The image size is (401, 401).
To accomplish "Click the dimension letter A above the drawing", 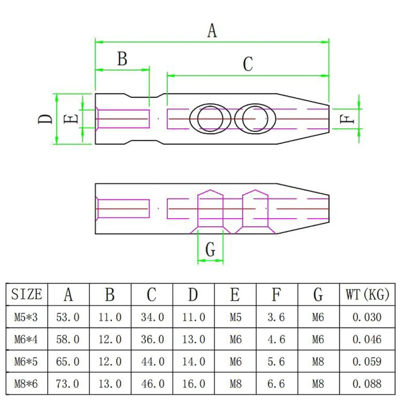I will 212,31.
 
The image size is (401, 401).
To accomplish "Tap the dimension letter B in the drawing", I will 122,59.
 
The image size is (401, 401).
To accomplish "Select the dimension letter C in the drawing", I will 247,64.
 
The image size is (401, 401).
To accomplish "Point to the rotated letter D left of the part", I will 47,119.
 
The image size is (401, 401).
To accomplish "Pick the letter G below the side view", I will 211,249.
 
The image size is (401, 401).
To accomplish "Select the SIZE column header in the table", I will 26,294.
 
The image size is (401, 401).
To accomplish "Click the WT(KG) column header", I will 367,294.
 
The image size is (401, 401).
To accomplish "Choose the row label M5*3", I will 26,317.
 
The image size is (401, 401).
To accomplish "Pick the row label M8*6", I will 26,383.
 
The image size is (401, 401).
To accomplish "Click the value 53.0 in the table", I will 68,317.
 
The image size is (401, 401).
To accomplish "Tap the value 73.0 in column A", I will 68,383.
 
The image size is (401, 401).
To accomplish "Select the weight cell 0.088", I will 367,383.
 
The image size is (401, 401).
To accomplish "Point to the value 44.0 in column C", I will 152,361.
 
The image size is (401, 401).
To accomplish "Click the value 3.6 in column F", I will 277,317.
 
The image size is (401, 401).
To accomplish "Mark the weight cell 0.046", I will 367,339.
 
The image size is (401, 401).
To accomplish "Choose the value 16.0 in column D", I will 194,383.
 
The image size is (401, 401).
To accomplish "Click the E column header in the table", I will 235,294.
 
